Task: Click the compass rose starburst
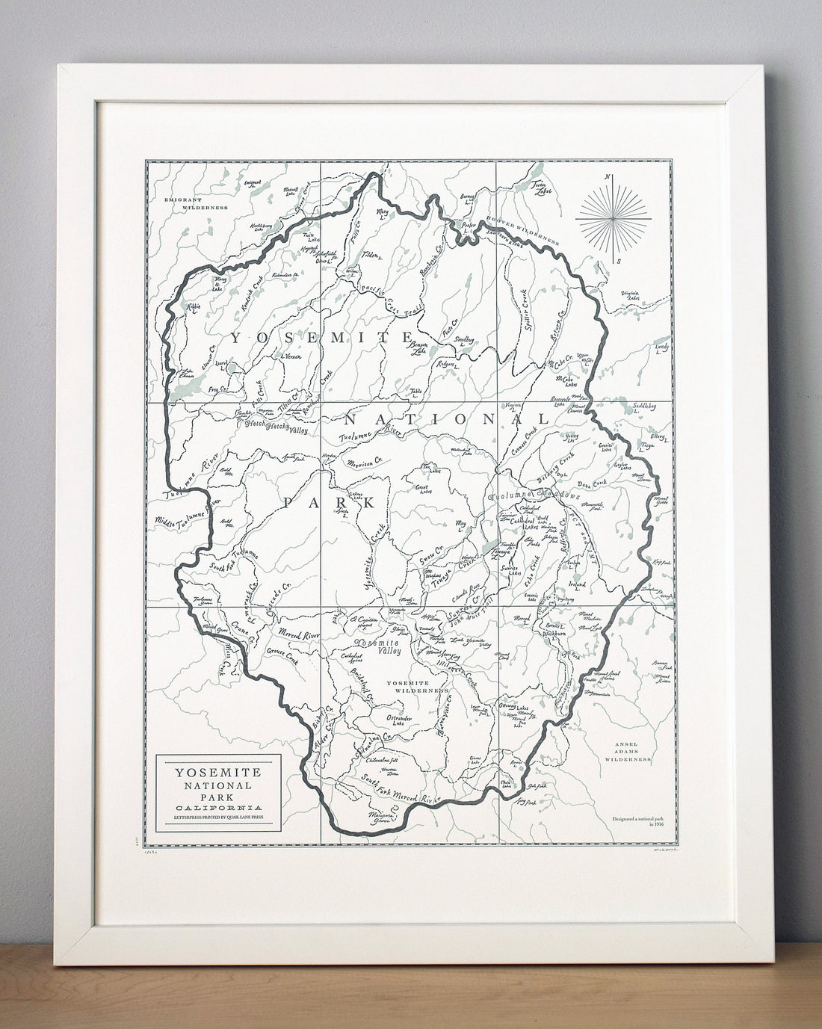pos(614,219)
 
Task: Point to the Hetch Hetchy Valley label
pos(276,426)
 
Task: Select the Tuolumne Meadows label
pos(534,496)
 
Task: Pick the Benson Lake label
pos(419,347)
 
